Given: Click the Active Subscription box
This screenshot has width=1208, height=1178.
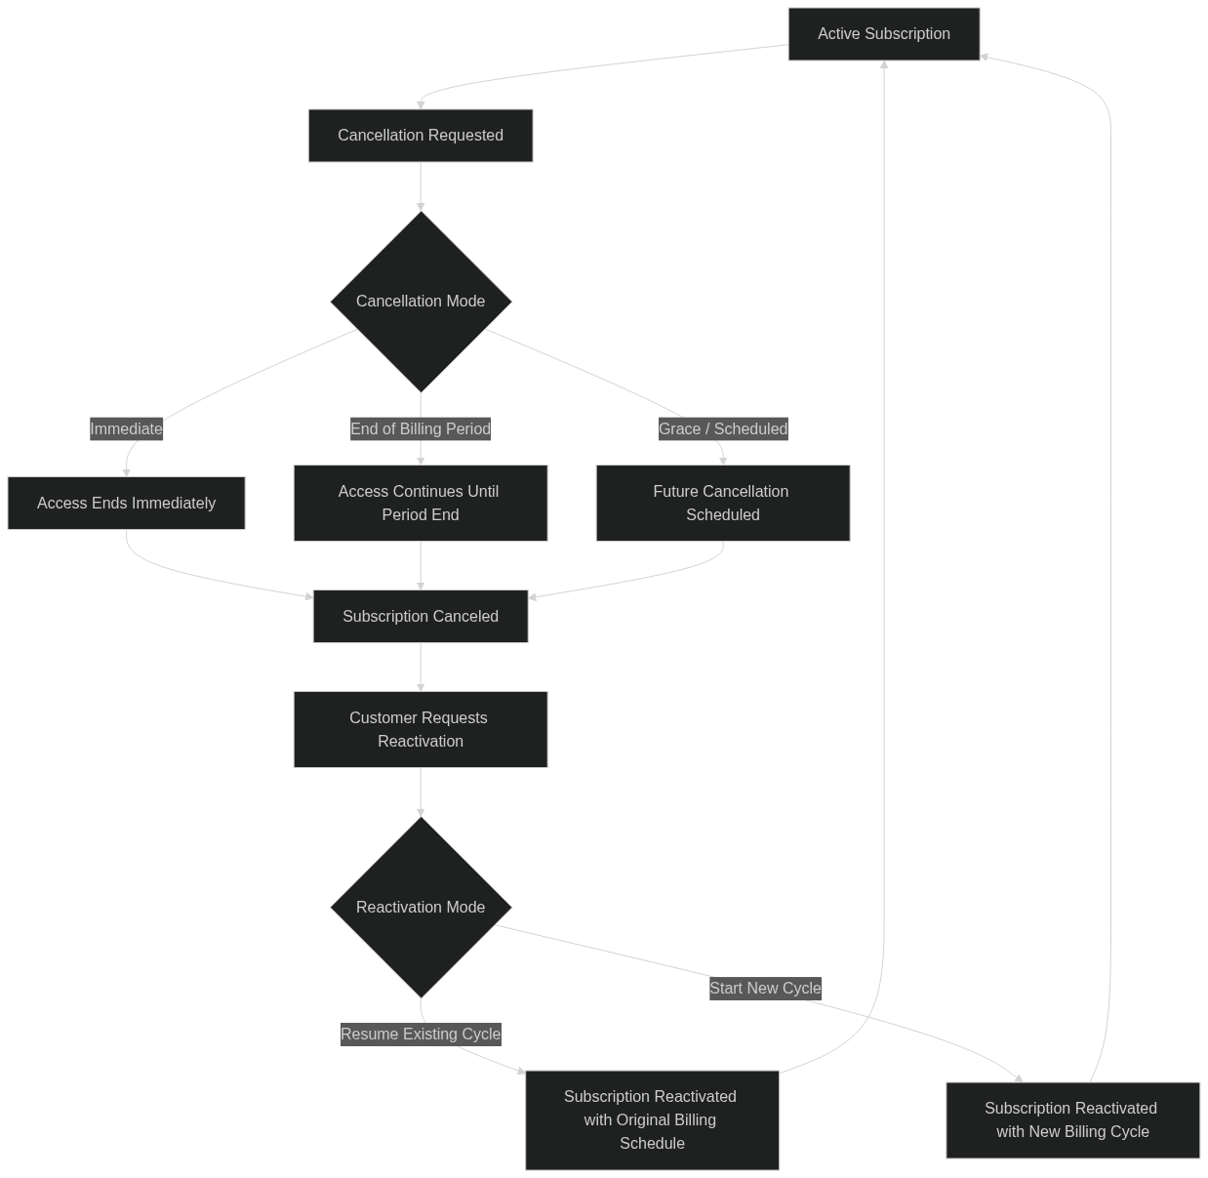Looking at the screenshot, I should tap(883, 34).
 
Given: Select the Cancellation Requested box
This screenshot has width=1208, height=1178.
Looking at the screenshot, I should tap(421, 136).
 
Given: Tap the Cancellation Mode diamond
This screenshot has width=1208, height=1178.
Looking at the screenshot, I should tap(421, 302).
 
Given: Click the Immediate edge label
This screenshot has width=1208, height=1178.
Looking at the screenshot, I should tap(127, 428).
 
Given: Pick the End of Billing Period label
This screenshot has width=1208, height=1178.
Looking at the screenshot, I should tap(421, 428).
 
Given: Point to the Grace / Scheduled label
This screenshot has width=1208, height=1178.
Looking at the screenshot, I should tap(723, 428).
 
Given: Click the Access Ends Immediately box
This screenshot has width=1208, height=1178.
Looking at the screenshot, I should tap(127, 504).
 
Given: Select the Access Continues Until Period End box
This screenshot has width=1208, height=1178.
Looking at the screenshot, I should tap(421, 504).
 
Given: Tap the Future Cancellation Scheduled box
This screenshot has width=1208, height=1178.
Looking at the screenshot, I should tap(723, 504).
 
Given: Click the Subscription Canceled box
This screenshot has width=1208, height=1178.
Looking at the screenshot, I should tap(421, 617).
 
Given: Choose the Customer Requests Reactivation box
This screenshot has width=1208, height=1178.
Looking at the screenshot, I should tap(421, 730).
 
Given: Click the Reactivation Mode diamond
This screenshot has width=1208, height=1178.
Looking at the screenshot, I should tap(421, 908).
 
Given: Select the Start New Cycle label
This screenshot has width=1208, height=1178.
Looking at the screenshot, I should tap(765, 988).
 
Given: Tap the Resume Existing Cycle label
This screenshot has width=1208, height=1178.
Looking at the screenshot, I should tap(421, 1034).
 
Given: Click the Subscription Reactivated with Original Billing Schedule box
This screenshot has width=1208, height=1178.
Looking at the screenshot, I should tap(652, 1119).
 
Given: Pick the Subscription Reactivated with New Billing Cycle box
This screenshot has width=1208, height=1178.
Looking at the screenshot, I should tap(1072, 1119).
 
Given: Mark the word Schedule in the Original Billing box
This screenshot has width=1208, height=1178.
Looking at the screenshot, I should tap(652, 1143).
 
